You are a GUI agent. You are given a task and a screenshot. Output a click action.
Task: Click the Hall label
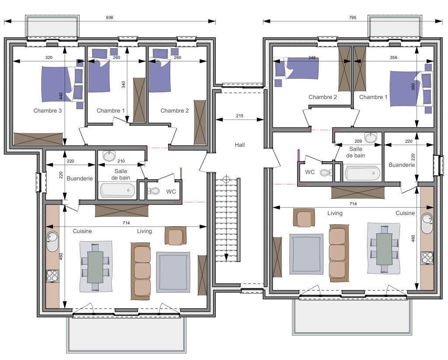click(x=240, y=145)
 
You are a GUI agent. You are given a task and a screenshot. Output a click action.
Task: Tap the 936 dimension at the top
click(x=109, y=18)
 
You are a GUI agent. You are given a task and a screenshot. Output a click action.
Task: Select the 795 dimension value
click(x=353, y=18)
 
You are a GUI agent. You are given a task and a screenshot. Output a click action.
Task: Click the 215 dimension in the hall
click(x=239, y=116)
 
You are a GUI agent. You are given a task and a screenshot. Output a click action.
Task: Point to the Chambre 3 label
click(x=47, y=111)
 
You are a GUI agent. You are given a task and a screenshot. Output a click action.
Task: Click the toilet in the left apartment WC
click(x=154, y=191)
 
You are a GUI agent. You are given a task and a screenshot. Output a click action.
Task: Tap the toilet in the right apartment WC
click(x=326, y=173)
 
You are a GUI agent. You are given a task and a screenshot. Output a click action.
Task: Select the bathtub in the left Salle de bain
click(x=117, y=190)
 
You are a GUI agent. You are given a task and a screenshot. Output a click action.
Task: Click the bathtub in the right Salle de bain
click(x=363, y=173)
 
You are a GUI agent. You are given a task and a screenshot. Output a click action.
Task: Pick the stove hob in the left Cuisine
click(x=52, y=276)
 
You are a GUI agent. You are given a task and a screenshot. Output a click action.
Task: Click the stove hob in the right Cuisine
click(x=427, y=258)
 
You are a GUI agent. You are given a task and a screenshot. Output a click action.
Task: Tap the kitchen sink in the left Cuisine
click(x=52, y=241)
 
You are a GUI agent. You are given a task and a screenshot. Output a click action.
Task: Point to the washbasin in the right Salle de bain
click(x=371, y=138)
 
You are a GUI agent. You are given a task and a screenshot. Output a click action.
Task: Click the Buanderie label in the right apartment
click(x=402, y=165)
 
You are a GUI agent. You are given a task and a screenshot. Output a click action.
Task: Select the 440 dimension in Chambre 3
click(x=61, y=96)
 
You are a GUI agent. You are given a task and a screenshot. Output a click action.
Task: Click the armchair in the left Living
click(x=175, y=236)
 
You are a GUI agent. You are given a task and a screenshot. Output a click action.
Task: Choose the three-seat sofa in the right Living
click(x=339, y=253)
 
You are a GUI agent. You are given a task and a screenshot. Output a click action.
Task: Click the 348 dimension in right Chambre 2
click(x=311, y=58)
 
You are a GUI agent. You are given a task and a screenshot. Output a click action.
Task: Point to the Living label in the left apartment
click(x=144, y=231)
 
